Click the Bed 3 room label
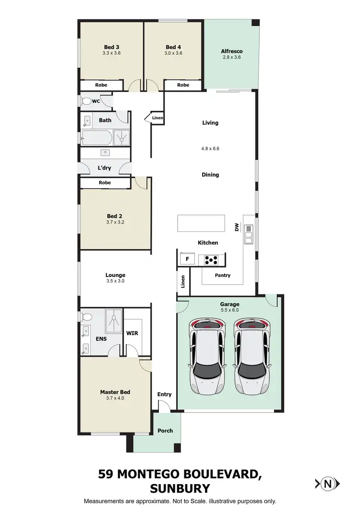(x=111, y=47)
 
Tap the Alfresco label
(x=231, y=51)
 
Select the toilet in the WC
(x=86, y=101)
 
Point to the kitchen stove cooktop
(x=211, y=260)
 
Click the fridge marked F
(x=187, y=259)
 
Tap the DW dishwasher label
(x=237, y=228)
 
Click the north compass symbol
(x=328, y=484)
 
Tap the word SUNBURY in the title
(x=180, y=489)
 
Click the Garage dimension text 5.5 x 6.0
(x=229, y=310)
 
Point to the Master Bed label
(x=115, y=392)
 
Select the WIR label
(x=132, y=333)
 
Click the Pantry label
(x=223, y=275)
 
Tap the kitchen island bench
(x=201, y=223)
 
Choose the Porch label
(x=165, y=431)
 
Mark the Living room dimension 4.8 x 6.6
(x=210, y=149)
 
